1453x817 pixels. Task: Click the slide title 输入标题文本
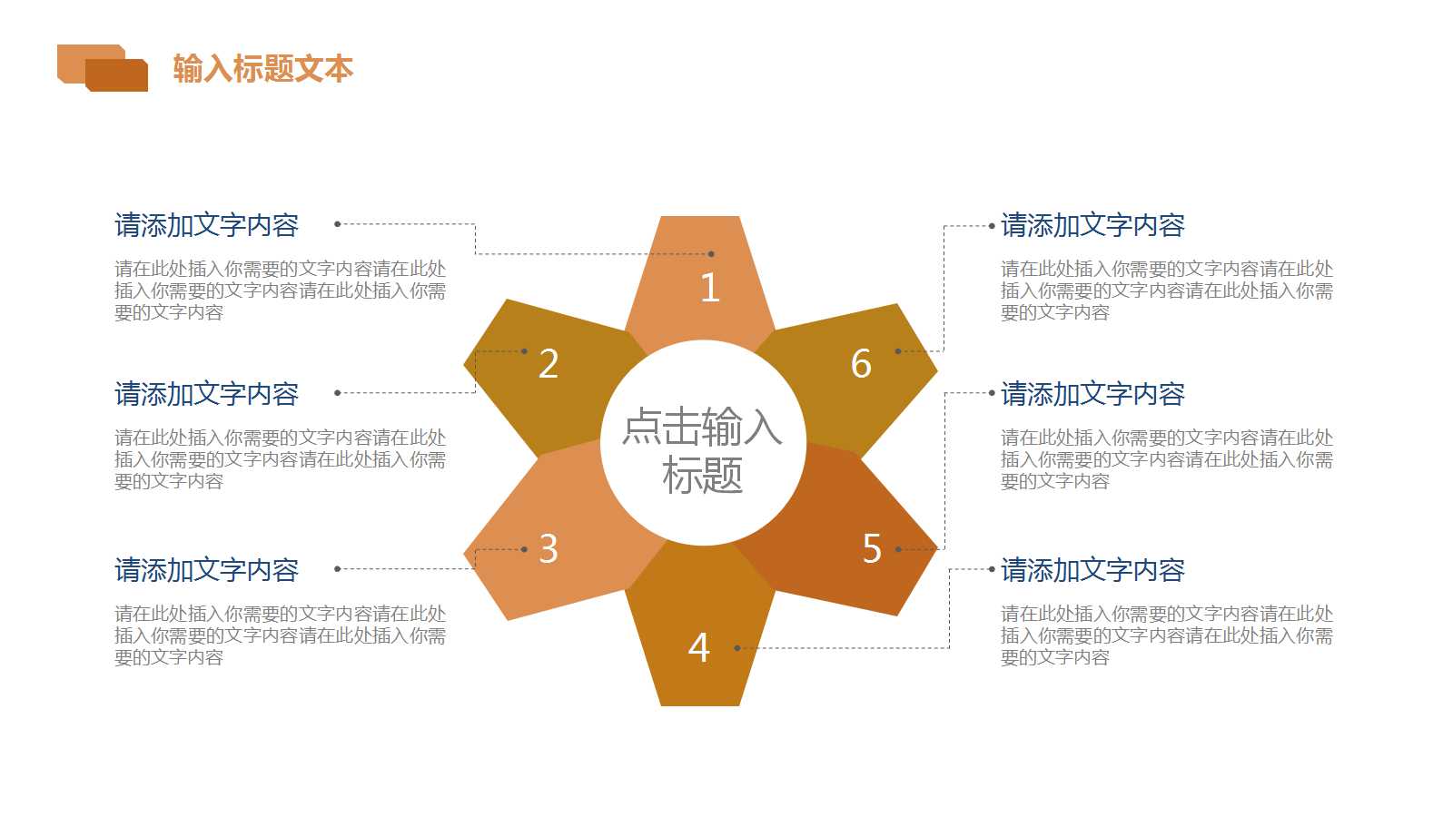click(262, 69)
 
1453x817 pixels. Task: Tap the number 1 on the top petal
click(710, 288)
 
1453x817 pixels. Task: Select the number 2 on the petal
click(549, 364)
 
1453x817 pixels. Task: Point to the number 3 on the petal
click(549, 549)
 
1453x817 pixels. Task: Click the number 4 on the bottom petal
click(698, 648)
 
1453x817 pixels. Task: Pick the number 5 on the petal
click(872, 549)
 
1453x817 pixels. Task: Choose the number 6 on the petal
click(861, 364)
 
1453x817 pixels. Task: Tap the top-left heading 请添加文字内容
click(206, 225)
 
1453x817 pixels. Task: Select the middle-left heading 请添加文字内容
click(206, 394)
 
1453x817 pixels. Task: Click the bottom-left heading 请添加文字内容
click(206, 570)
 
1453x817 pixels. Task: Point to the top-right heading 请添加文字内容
click(1092, 225)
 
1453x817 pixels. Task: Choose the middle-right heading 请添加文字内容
click(1092, 394)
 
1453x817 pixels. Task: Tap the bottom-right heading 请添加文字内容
click(1092, 570)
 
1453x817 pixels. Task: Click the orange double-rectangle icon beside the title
click(103, 68)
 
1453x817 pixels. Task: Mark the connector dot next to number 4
click(736, 648)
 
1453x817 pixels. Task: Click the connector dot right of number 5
click(898, 549)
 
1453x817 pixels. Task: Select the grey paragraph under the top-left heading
click(280, 290)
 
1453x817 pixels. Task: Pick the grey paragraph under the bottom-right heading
click(1166, 635)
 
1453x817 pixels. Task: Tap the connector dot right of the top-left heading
click(337, 224)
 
